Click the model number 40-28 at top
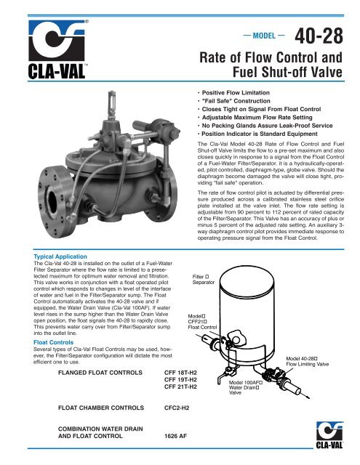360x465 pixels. click(x=324, y=36)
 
